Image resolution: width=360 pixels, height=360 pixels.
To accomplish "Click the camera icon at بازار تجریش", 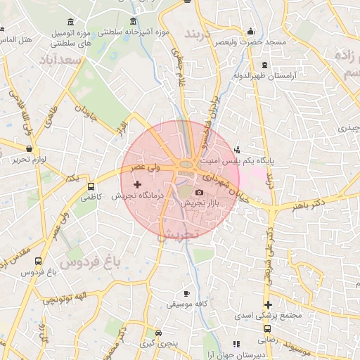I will tap(199, 192).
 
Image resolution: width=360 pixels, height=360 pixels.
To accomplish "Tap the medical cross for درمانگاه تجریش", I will tap(137, 184).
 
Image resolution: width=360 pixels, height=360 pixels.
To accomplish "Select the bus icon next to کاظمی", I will tap(91, 187).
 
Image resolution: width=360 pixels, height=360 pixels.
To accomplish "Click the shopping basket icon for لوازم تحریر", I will tap(29, 149).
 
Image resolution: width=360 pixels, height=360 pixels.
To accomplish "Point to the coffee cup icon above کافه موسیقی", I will tap(186, 293).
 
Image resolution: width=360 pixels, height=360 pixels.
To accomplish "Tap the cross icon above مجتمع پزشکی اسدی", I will tap(267, 304).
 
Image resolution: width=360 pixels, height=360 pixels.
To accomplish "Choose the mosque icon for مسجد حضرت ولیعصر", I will tap(251, 32).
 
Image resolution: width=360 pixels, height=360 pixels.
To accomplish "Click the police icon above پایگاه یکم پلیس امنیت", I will tap(237, 149).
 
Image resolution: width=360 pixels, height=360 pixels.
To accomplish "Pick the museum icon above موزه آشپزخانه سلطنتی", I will tap(134, 22).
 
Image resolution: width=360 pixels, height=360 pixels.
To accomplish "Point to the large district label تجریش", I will tap(179, 233).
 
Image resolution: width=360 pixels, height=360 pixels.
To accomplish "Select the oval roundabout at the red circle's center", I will tap(186, 165).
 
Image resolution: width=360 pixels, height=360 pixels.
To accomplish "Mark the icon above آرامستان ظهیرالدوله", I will tap(264, 64).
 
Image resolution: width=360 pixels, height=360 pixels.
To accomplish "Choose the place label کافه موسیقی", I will tap(186, 304).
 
